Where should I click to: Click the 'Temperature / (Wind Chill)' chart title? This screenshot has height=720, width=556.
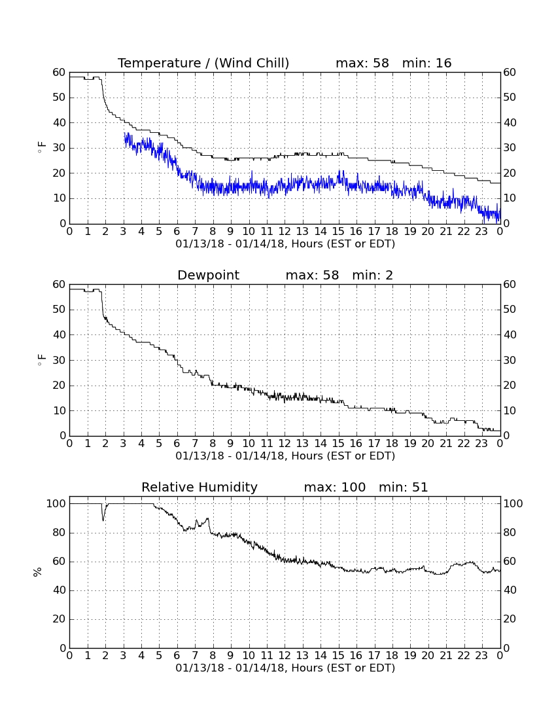point(203,63)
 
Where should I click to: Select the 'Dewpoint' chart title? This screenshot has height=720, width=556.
point(208,275)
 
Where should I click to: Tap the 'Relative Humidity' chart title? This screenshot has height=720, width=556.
point(200,487)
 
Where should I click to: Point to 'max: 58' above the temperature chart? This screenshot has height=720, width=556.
point(362,63)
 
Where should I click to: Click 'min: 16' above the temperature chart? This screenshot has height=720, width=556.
point(427,63)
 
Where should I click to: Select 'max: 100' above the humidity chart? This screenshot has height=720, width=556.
point(335,487)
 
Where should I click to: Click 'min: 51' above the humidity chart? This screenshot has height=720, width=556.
point(403,487)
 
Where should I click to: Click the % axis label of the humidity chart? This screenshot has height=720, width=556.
point(38,572)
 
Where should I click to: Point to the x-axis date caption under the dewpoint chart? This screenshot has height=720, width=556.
point(285,456)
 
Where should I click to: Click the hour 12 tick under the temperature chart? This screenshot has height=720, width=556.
point(285,232)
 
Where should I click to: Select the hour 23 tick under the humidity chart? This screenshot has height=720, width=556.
point(481,656)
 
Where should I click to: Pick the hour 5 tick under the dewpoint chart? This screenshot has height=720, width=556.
point(159,444)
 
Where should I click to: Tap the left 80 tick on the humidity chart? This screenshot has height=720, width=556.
point(60,533)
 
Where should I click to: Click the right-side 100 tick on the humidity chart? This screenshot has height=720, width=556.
point(513,504)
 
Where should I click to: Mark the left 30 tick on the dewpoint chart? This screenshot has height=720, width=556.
point(60,361)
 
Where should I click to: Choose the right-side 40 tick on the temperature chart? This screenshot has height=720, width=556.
point(510,122)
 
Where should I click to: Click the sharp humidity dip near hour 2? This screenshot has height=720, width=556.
point(103,520)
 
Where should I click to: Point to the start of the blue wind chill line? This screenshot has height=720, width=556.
point(124,134)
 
